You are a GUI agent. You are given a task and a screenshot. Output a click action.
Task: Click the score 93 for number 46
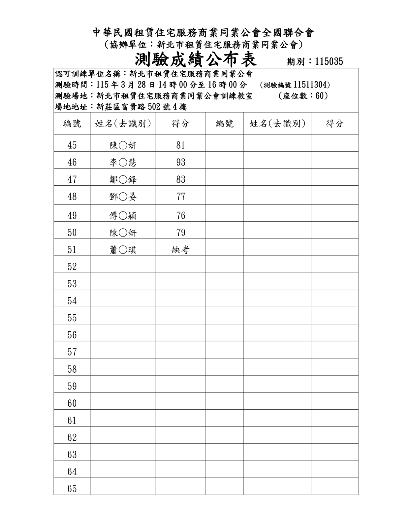(181, 162)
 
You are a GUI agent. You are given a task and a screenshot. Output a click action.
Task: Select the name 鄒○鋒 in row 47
(123, 179)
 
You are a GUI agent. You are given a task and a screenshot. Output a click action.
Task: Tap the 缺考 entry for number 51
(181, 250)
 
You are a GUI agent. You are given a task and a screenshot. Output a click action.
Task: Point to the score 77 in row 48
(181, 197)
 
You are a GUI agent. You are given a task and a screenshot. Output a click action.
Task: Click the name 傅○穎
(123, 216)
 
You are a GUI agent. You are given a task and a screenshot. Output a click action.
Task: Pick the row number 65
(72, 489)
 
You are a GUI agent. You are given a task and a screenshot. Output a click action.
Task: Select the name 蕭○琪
(123, 250)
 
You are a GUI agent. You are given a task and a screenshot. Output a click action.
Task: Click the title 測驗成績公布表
(196, 60)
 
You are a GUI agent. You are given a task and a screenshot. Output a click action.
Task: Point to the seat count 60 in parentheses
(320, 96)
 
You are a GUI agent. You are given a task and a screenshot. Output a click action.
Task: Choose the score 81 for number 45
(181, 145)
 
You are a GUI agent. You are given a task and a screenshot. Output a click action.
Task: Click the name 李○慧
(123, 162)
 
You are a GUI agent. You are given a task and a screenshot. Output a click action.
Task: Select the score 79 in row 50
(181, 233)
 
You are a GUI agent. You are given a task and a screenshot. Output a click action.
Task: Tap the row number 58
(72, 369)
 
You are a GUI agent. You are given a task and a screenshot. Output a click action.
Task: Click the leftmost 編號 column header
(72, 124)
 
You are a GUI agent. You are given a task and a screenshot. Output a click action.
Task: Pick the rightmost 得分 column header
(335, 124)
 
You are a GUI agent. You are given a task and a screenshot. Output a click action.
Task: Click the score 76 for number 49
(181, 216)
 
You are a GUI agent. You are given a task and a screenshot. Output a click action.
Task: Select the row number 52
(72, 267)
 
